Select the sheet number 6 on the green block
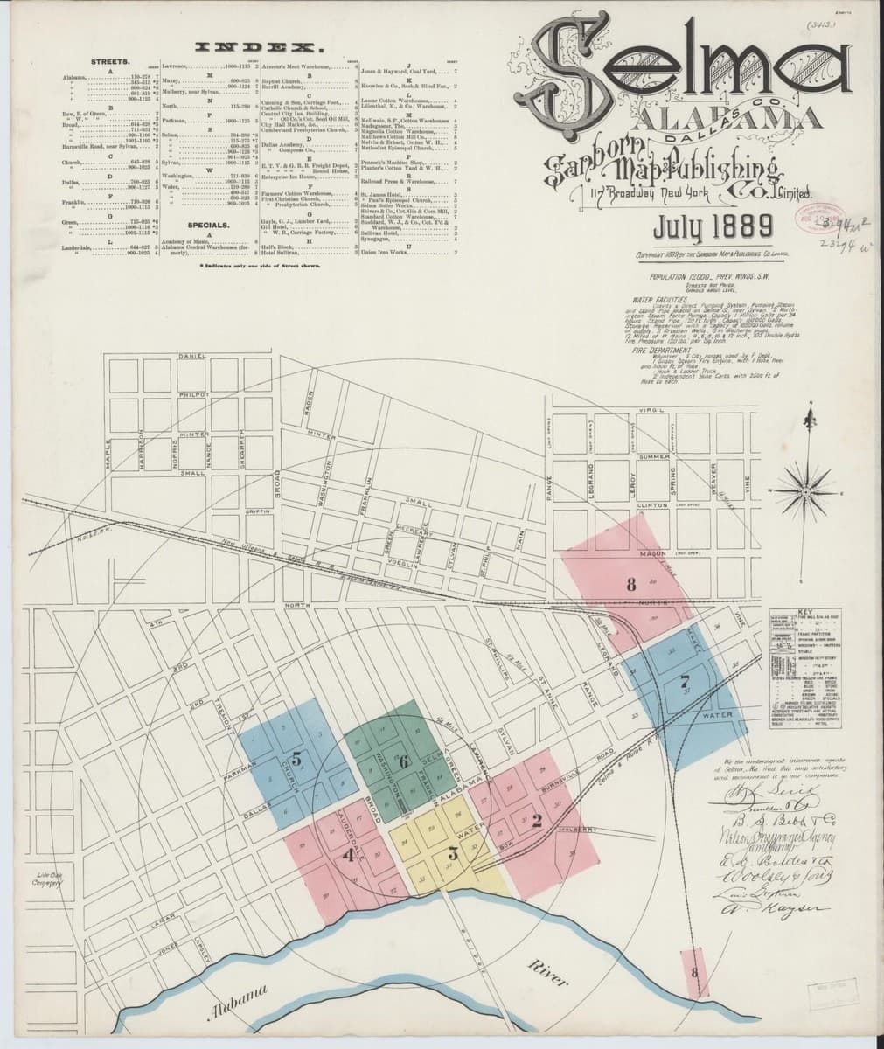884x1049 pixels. click(x=403, y=761)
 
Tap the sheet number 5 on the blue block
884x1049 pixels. click(x=297, y=760)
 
